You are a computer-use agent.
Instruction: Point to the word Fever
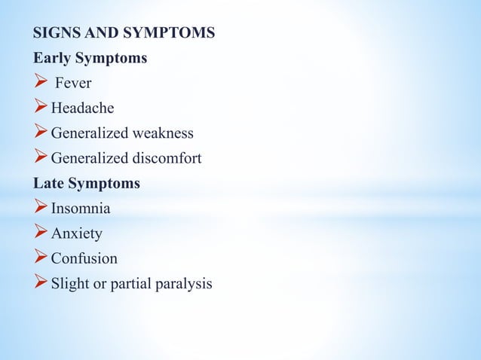point(72,84)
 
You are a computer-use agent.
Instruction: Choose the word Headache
point(82,108)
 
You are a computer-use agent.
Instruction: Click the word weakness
point(163,133)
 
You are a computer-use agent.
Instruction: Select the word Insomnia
point(81,208)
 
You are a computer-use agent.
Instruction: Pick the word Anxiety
point(76,233)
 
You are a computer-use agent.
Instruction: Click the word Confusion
point(84,258)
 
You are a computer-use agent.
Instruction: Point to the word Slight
point(69,283)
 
